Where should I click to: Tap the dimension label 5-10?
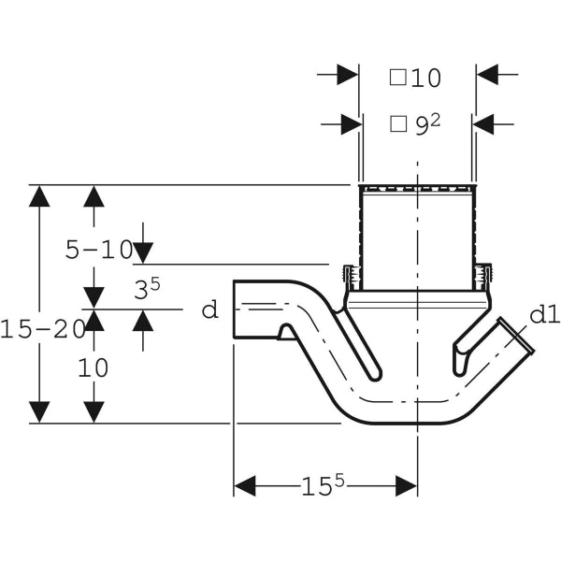pos(99,250)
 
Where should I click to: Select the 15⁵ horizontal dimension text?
pos(323,485)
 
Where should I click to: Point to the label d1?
pos(544,315)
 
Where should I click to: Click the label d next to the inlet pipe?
pos(209,309)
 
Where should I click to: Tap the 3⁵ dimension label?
pos(141,289)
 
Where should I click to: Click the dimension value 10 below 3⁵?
pos(93,367)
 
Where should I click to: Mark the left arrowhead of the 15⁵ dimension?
pos(244,485)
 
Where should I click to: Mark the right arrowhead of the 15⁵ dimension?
pos(406,485)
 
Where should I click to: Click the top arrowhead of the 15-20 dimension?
pos(38,196)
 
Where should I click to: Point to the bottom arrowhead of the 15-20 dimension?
pos(38,411)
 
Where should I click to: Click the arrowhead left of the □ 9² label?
pos(352,122)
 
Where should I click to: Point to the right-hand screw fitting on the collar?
pos(483,277)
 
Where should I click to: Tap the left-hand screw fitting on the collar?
pos(350,277)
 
